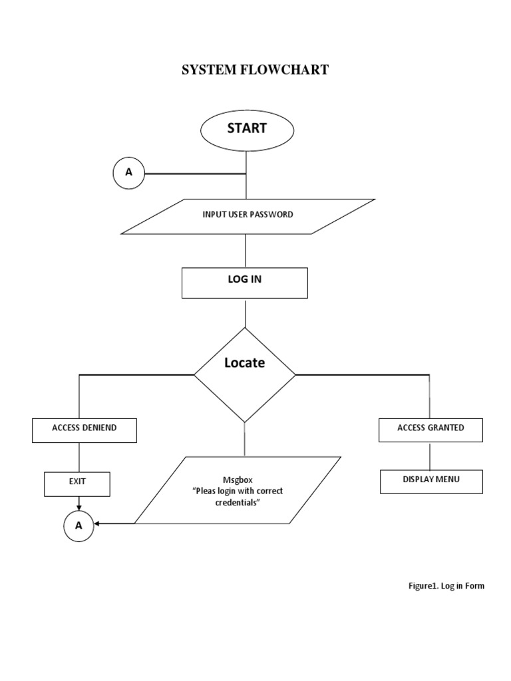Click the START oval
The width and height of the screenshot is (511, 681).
click(x=247, y=130)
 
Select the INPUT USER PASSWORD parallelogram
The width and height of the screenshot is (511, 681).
click(x=248, y=216)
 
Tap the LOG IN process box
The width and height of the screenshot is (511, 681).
click(x=245, y=283)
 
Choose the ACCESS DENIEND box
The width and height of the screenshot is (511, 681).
click(x=85, y=430)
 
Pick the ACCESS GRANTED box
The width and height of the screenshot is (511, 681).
click(x=430, y=430)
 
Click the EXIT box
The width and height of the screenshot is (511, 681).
click(x=77, y=483)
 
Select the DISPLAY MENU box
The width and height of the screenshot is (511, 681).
click(x=431, y=481)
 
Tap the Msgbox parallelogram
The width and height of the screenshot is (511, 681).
click(x=238, y=491)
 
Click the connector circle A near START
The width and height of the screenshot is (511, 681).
click(x=129, y=173)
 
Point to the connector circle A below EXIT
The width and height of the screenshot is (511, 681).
click(x=79, y=525)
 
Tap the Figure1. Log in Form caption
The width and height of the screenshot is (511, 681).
click(x=446, y=586)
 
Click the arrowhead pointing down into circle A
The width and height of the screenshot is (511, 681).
click(x=79, y=507)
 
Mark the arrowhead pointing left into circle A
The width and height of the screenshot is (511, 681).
click(x=98, y=524)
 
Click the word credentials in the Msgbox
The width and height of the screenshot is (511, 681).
click(x=238, y=503)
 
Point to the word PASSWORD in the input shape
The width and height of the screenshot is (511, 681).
click(x=272, y=215)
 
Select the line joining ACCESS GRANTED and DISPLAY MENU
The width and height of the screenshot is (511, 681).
click(x=430, y=456)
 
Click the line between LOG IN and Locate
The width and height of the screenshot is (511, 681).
click(x=246, y=313)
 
